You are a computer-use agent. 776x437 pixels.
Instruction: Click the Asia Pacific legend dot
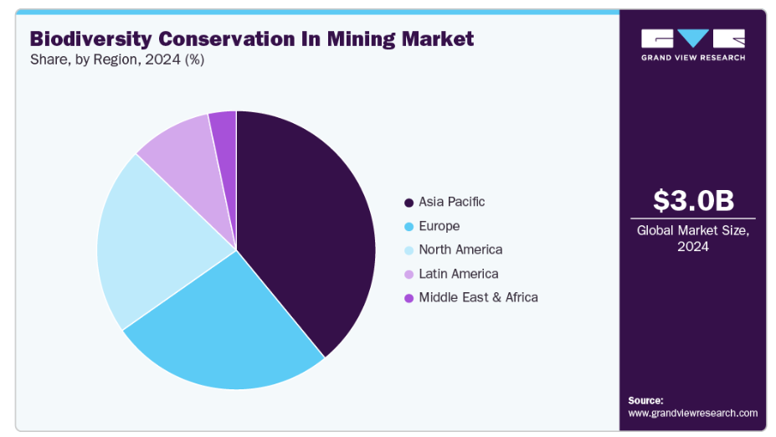click(409, 203)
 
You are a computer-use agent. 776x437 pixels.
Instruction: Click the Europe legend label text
click(439, 226)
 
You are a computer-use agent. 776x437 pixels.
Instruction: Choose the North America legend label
click(460, 249)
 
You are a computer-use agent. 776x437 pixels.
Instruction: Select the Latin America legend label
click(458, 274)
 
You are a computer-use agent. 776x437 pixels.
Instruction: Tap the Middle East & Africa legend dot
click(409, 298)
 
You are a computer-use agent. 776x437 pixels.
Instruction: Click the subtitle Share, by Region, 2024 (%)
click(117, 59)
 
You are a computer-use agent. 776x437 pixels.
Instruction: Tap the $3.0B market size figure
click(693, 201)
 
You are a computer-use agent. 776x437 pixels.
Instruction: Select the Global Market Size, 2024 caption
click(693, 239)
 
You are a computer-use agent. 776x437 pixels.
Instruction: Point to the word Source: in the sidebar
click(645, 400)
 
